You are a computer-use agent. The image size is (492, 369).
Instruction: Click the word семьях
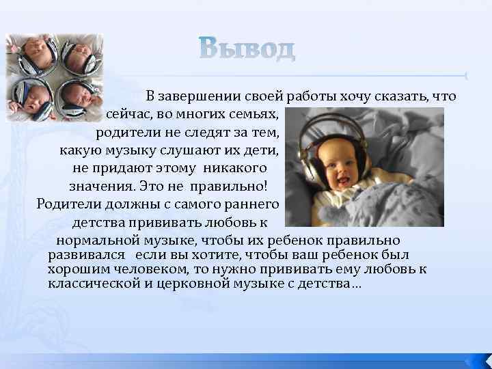253,113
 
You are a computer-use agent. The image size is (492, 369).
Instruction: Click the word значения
99,185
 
